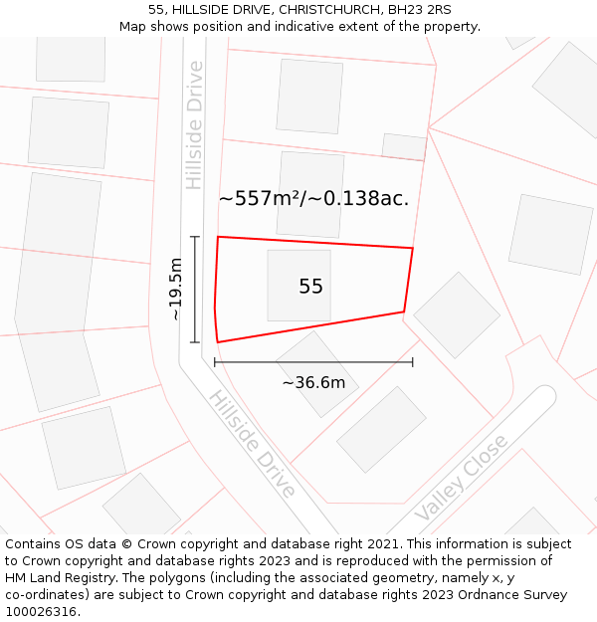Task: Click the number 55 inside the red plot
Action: pos(310,287)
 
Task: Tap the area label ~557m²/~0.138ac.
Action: pos(313,198)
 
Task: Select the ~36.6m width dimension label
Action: pos(313,382)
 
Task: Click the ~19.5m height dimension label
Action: pos(175,289)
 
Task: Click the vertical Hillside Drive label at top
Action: pos(194,125)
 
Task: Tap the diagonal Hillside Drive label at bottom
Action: pos(252,444)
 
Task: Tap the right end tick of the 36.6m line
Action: pos(413,362)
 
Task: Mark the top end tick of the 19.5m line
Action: pos(195,237)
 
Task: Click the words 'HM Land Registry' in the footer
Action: pos(55,578)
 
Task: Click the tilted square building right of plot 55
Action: pos(457,314)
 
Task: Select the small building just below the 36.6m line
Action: pos(317,374)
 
